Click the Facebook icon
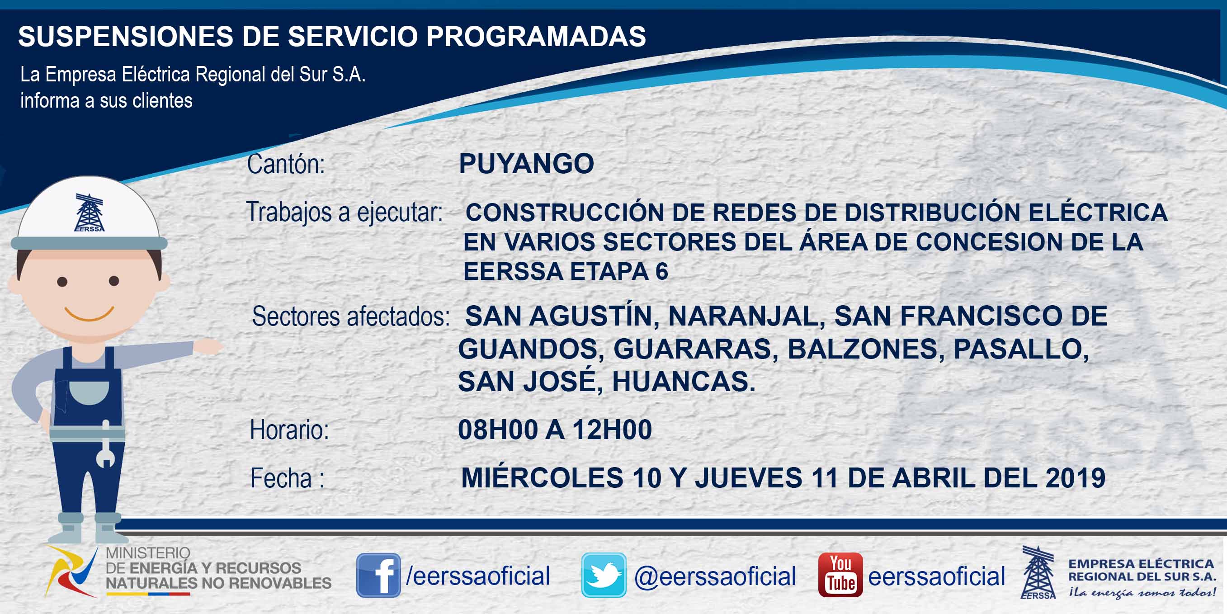pos(379,575)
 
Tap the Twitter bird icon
pos(604,575)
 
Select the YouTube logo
pos(840,575)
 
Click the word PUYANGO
pos(526,164)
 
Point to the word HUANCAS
pos(684,382)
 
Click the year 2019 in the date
pos(1075,478)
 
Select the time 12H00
pos(612,430)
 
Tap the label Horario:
pos(290,430)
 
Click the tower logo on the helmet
pos(89,213)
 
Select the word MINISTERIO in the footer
pos(148,553)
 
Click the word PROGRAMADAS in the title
pos(536,36)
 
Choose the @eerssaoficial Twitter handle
pos(715,576)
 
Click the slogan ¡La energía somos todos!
pos(1142,593)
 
